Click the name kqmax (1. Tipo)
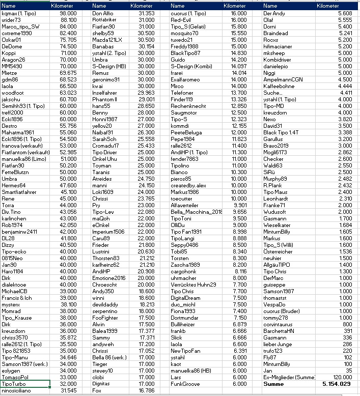(x=18, y=13)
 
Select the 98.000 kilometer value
(x=68, y=13)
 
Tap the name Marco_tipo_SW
(x=20, y=26)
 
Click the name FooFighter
(x=105, y=317)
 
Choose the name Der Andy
(x=274, y=13)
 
